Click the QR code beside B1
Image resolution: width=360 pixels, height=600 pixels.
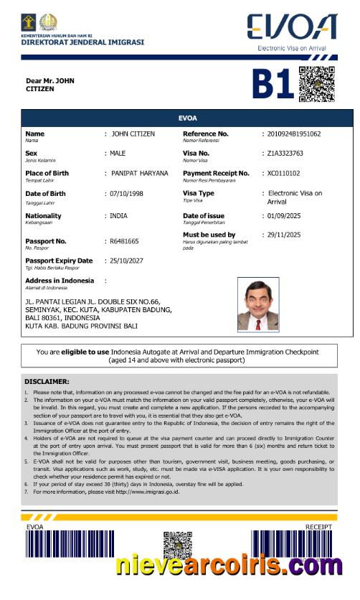tap(316, 84)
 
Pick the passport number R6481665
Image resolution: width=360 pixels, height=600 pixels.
tap(124, 241)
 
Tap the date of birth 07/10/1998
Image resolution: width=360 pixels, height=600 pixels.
tap(128, 194)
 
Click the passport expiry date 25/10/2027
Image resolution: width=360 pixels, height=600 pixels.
tap(128, 261)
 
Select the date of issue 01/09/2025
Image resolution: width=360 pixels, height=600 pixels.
tap(285, 216)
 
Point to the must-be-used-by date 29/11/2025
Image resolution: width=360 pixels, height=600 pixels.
tap(284, 235)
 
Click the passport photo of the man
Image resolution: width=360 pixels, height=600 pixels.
tap(258, 305)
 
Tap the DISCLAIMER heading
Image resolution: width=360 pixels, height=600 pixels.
tap(47, 382)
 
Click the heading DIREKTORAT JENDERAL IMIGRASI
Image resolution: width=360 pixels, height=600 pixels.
tap(82, 42)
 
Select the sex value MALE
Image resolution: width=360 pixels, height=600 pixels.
tap(118, 154)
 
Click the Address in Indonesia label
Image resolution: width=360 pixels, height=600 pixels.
tap(60, 280)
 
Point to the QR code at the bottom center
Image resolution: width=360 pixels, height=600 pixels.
tap(178, 546)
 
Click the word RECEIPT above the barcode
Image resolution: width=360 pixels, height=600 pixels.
tap(318, 527)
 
